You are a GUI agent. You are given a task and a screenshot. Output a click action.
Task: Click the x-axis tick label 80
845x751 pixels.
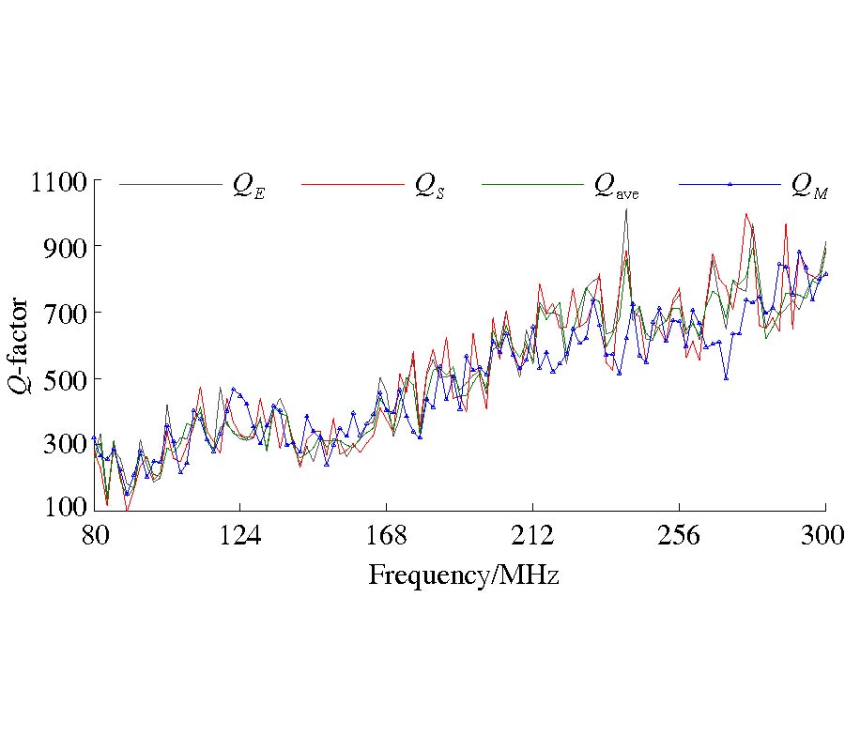(x=94, y=536)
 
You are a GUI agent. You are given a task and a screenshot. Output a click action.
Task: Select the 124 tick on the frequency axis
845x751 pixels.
(x=240, y=536)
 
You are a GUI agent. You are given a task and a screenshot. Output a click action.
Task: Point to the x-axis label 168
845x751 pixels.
(x=387, y=536)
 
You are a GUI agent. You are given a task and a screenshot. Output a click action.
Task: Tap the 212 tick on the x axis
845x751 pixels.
(x=533, y=536)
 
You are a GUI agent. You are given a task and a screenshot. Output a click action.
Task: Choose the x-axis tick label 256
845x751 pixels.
(x=680, y=536)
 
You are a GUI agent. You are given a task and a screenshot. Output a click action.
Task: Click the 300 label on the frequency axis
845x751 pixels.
(x=825, y=536)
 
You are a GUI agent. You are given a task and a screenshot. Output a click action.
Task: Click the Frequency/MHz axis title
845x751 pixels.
(x=463, y=575)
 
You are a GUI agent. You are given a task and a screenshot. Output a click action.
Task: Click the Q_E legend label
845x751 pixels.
(x=249, y=188)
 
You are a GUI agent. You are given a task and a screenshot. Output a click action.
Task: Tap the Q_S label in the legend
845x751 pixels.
(x=430, y=188)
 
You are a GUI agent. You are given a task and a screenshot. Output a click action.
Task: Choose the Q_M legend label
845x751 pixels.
(x=808, y=188)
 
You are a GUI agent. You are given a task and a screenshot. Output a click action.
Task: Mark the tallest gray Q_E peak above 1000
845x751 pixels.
(x=625, y=210)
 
